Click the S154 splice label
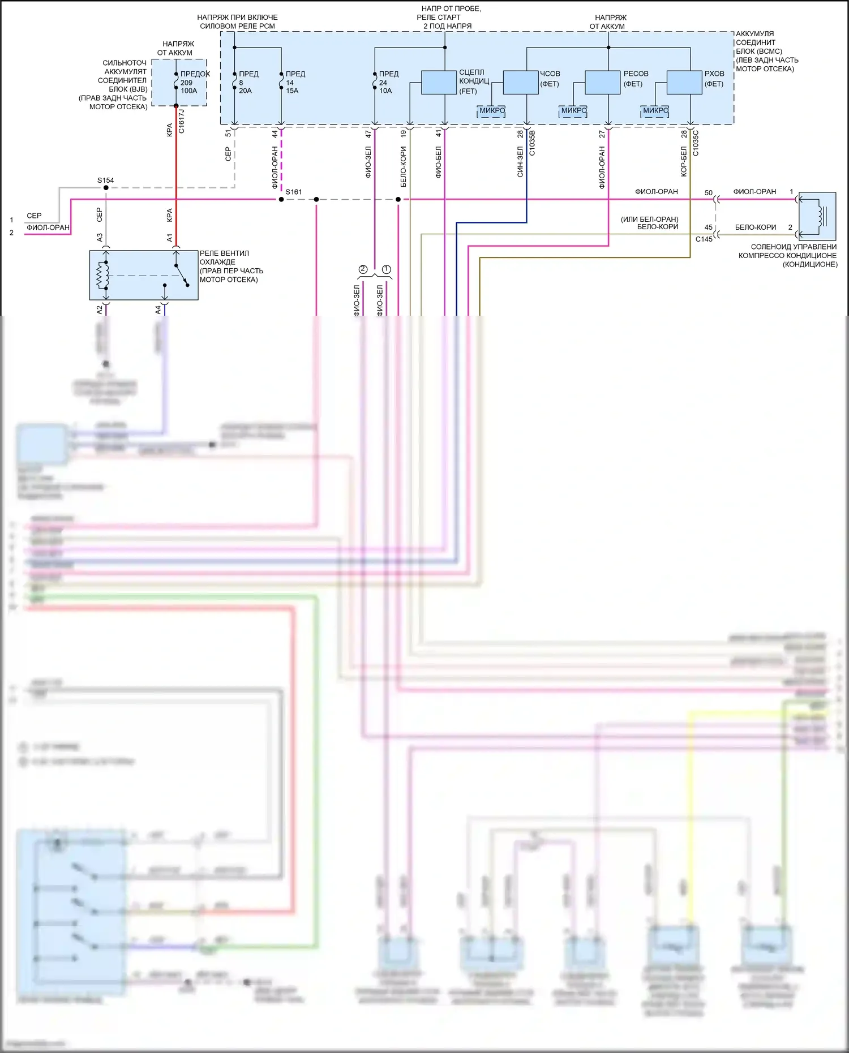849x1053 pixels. click(105, 180)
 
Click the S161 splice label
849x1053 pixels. click(294, 192)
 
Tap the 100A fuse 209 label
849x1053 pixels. click(189, 87)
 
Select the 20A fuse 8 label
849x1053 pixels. click(245, 87)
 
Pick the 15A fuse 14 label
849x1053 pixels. click(292, 87)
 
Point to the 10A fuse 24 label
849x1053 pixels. click(385, 87)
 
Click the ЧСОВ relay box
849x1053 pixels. click(520, 83)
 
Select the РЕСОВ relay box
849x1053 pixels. click(602, 83)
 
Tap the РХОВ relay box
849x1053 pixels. click(684, 83)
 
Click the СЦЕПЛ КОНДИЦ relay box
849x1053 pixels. click(439, 83)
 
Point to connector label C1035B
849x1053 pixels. click(532, 143)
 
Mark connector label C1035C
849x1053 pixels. click(696, 143)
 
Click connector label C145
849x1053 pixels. click(704, 239)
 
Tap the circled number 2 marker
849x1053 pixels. click(363, 269)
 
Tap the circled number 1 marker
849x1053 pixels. click(387, 269)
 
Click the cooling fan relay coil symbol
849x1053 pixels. click(102, 276)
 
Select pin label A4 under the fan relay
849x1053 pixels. click(158, 310)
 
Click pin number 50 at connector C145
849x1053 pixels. click(708, 193)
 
